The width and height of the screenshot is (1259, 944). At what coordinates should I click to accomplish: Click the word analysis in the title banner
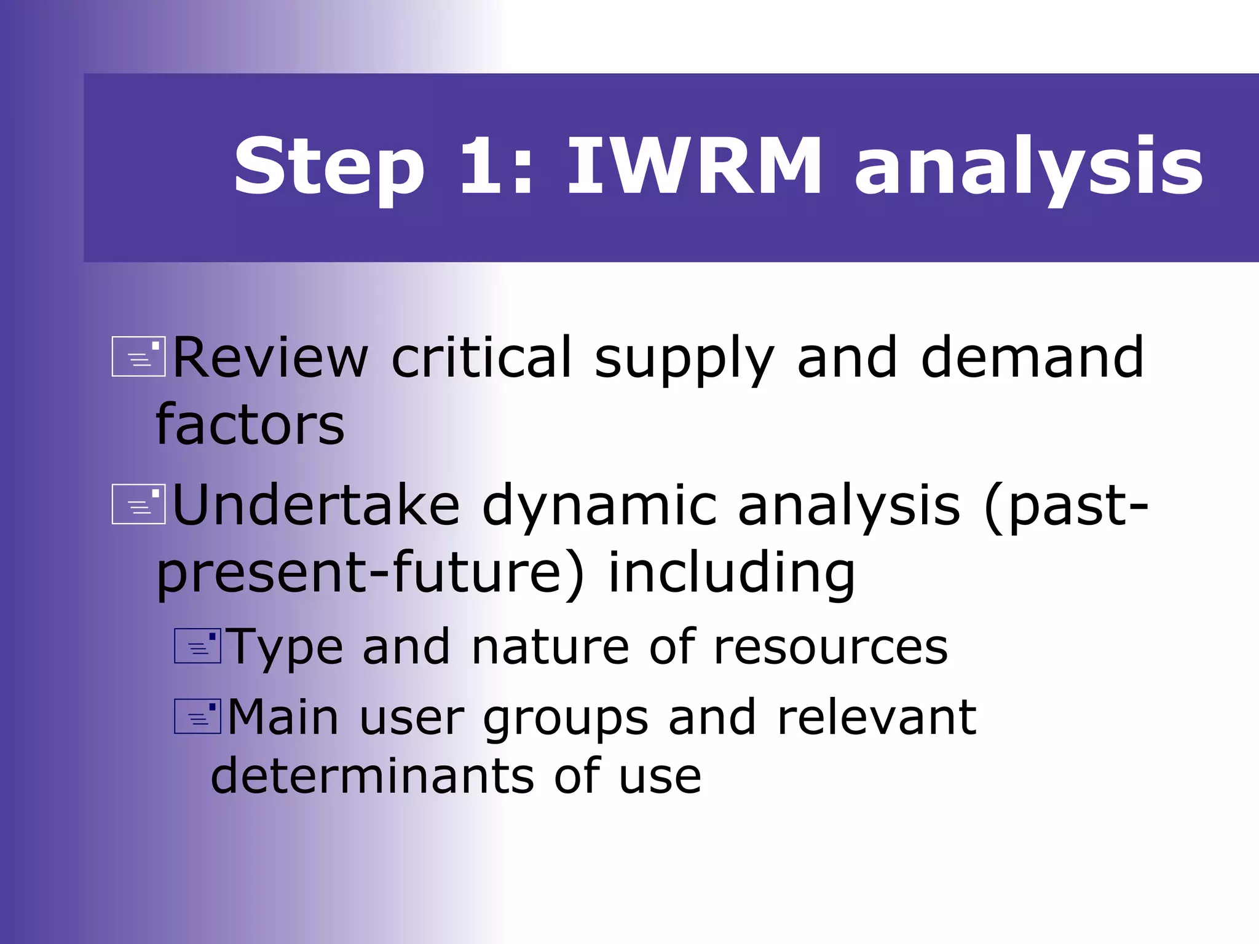coord(1028,167)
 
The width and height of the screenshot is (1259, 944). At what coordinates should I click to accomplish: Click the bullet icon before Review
coord(138,357)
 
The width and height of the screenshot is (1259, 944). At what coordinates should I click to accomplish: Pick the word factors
coord(250,425)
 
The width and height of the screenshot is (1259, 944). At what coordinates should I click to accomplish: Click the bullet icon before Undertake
coord(138,505)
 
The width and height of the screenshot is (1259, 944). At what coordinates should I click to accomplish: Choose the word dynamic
coord(599,506)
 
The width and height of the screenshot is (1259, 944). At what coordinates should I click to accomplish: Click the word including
coord(731,574)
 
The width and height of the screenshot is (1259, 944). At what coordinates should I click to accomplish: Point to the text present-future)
coord(369,574)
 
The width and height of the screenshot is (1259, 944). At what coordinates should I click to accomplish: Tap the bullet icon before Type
coord(197,646)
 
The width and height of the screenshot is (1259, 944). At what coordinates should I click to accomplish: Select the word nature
coord(550,647)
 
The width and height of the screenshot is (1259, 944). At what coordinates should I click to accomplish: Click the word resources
coord(831,647)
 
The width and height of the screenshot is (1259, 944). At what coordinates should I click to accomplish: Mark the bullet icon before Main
coord(197,717)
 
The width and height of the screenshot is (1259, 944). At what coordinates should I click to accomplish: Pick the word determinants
coord(372,776)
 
